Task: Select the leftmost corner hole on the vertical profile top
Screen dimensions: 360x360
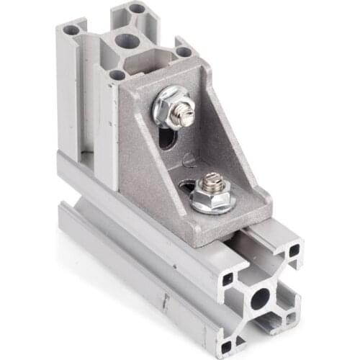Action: pyautogui.click(x=71, y=31)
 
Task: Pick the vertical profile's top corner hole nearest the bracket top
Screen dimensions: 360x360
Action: pyautogui.click(x=184, y=52)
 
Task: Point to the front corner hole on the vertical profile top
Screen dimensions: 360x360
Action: pyautogui.click(x=117, y=75)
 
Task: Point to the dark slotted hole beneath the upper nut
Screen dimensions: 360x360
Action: pyautogui.click(x=167, y=136)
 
